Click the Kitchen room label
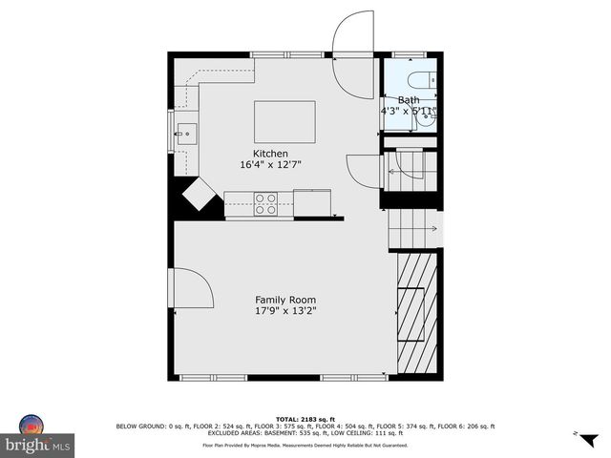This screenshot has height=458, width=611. point(269,154)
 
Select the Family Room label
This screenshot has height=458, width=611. point(285,300)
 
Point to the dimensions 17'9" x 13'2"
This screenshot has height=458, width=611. point(285,310)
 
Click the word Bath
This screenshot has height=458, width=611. point(409,100)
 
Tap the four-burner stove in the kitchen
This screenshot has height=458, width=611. point(265,204)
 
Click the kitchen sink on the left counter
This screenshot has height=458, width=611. point(185,131)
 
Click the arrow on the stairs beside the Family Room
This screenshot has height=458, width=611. point(432,228)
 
